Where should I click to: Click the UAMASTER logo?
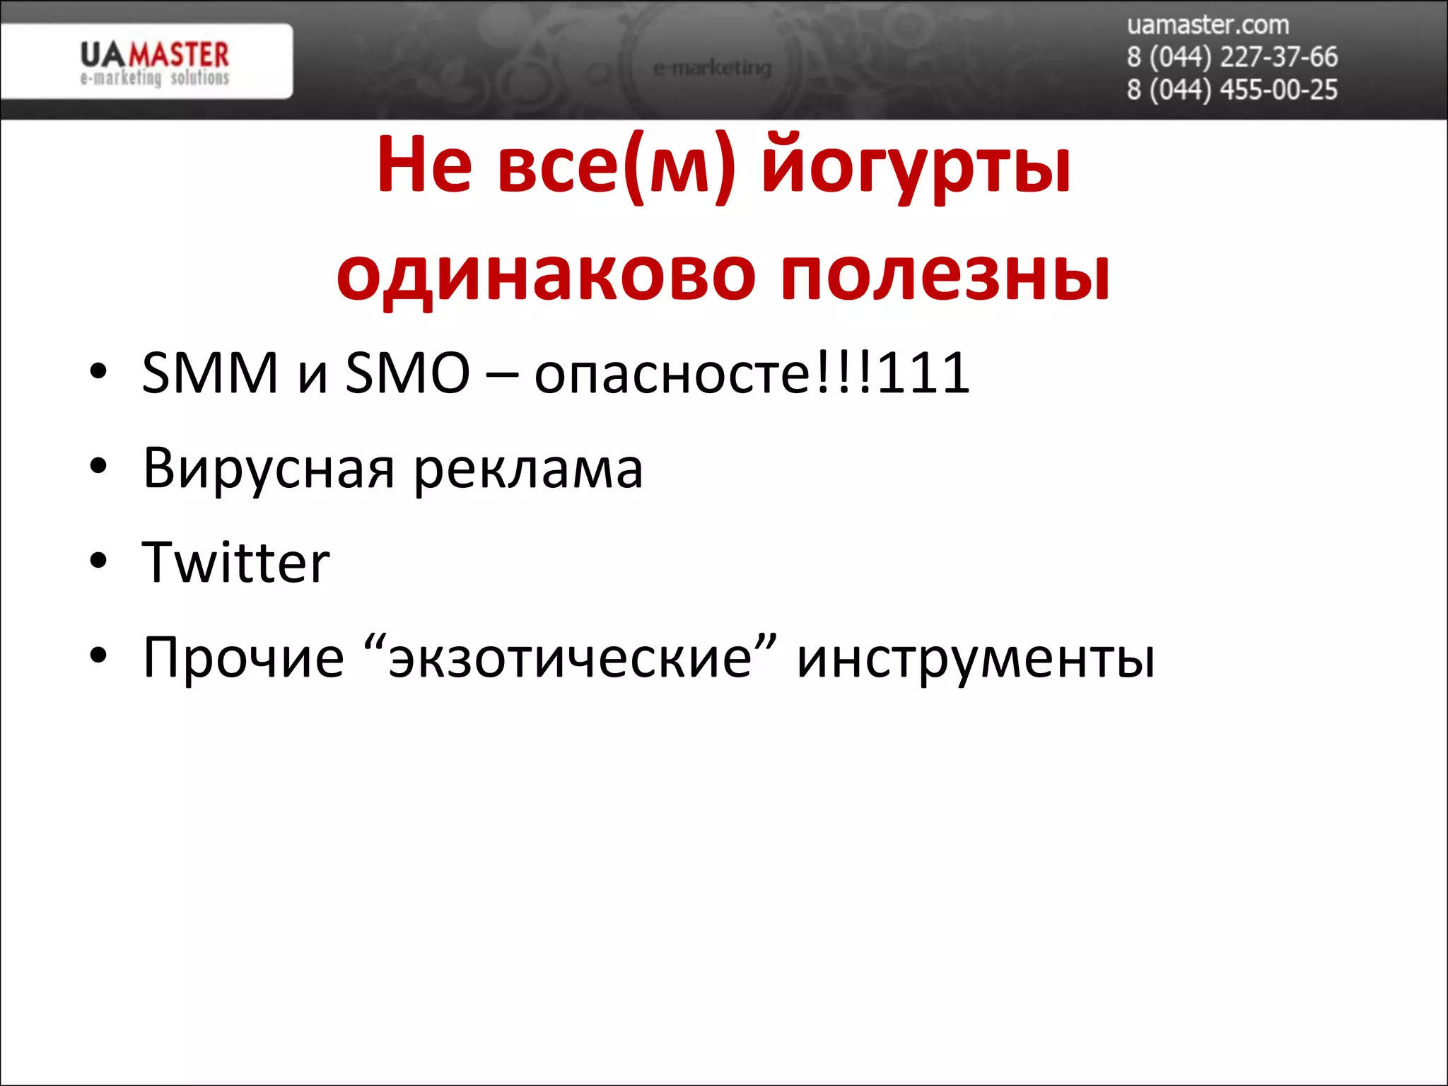(x=154, y=62)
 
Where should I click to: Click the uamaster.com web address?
(x=1208, y=25)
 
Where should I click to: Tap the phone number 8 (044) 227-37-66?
(x=1232, y=57)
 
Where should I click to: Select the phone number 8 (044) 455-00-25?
(x=1232, y=90)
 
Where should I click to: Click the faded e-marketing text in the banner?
(x=712, y=69)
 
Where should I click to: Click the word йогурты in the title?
(x=916, y=168)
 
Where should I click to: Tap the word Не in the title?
(x=424, y=166)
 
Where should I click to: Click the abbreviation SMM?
(x=210, y=373)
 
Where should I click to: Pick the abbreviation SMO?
(x=407, y=373)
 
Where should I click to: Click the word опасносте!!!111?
(x=752, y=373)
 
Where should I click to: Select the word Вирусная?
(x=269, y=468)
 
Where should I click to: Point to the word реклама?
(x=528, y=469)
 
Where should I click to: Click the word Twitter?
(x=235, y=562)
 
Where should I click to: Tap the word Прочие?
(x=243, y=658)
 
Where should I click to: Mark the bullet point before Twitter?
(x=98, y=561)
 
